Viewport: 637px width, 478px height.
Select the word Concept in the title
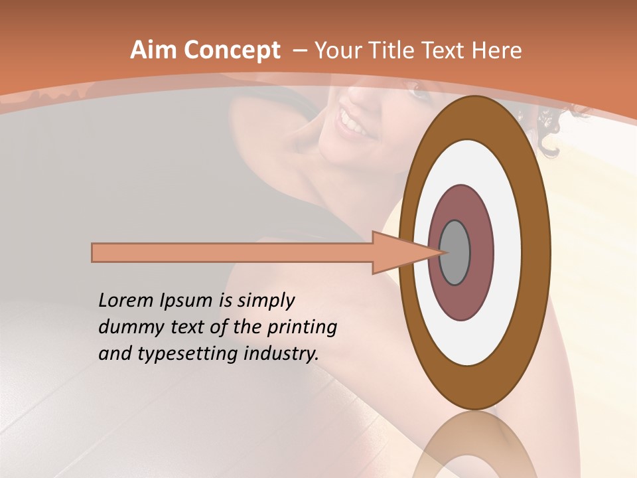(232, 50)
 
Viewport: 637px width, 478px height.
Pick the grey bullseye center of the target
(455, 252)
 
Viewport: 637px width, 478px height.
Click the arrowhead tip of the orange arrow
(441, 252)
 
